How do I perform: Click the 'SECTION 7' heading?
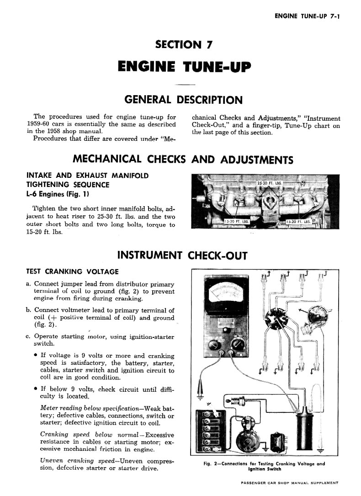(184, 45)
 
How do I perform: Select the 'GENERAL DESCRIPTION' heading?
(184, 100)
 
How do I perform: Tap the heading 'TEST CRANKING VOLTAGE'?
(73, 272)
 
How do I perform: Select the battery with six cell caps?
(210, 432)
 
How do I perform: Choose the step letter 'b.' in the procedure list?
(29, 310)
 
